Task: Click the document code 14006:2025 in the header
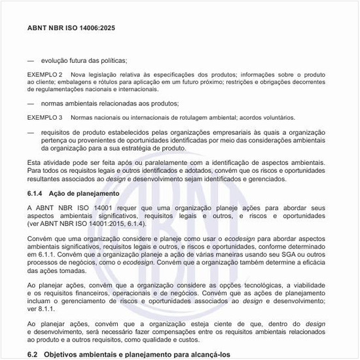pos(93,29)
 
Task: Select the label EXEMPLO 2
pos(45,75)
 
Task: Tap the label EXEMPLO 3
pos(45,118)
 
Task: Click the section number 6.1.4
pos(35,194)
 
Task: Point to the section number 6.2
pos(33,354)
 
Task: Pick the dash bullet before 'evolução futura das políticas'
pos(31,60)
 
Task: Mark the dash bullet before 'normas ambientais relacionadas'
pos(31,103)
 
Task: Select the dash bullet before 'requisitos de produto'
pos(31,132)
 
